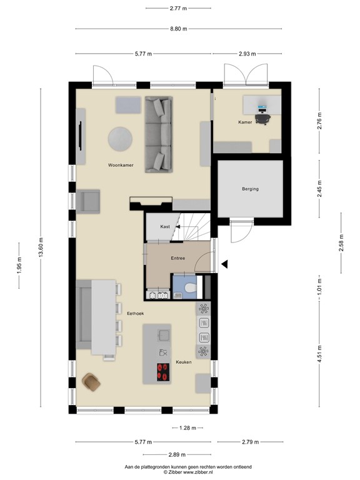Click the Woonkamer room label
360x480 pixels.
120,166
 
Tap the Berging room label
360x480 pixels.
250,189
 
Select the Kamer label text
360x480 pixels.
245,122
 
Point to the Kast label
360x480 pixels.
165,226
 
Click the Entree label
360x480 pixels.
178,257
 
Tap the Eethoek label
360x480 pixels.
136,313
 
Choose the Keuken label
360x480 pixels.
183,361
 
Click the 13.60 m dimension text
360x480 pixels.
41,248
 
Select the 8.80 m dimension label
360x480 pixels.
178,29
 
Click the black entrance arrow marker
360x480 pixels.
226,265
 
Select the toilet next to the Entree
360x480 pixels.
191,289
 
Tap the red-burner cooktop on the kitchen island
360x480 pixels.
164,372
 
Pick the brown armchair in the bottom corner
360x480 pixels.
91,381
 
